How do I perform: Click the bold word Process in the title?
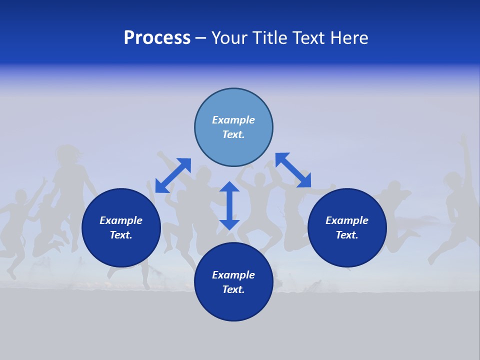157,38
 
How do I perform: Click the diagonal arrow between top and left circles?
173,175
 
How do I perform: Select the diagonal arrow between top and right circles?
293,170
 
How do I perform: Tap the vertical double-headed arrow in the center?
229,205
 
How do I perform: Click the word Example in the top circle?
233,120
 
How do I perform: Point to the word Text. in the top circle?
233,134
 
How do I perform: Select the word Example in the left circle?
121,220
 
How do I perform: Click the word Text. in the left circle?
121,235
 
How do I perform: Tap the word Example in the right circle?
347,220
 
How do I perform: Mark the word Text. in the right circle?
347,235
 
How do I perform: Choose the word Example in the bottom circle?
233,275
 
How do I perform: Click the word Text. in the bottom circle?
233,289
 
